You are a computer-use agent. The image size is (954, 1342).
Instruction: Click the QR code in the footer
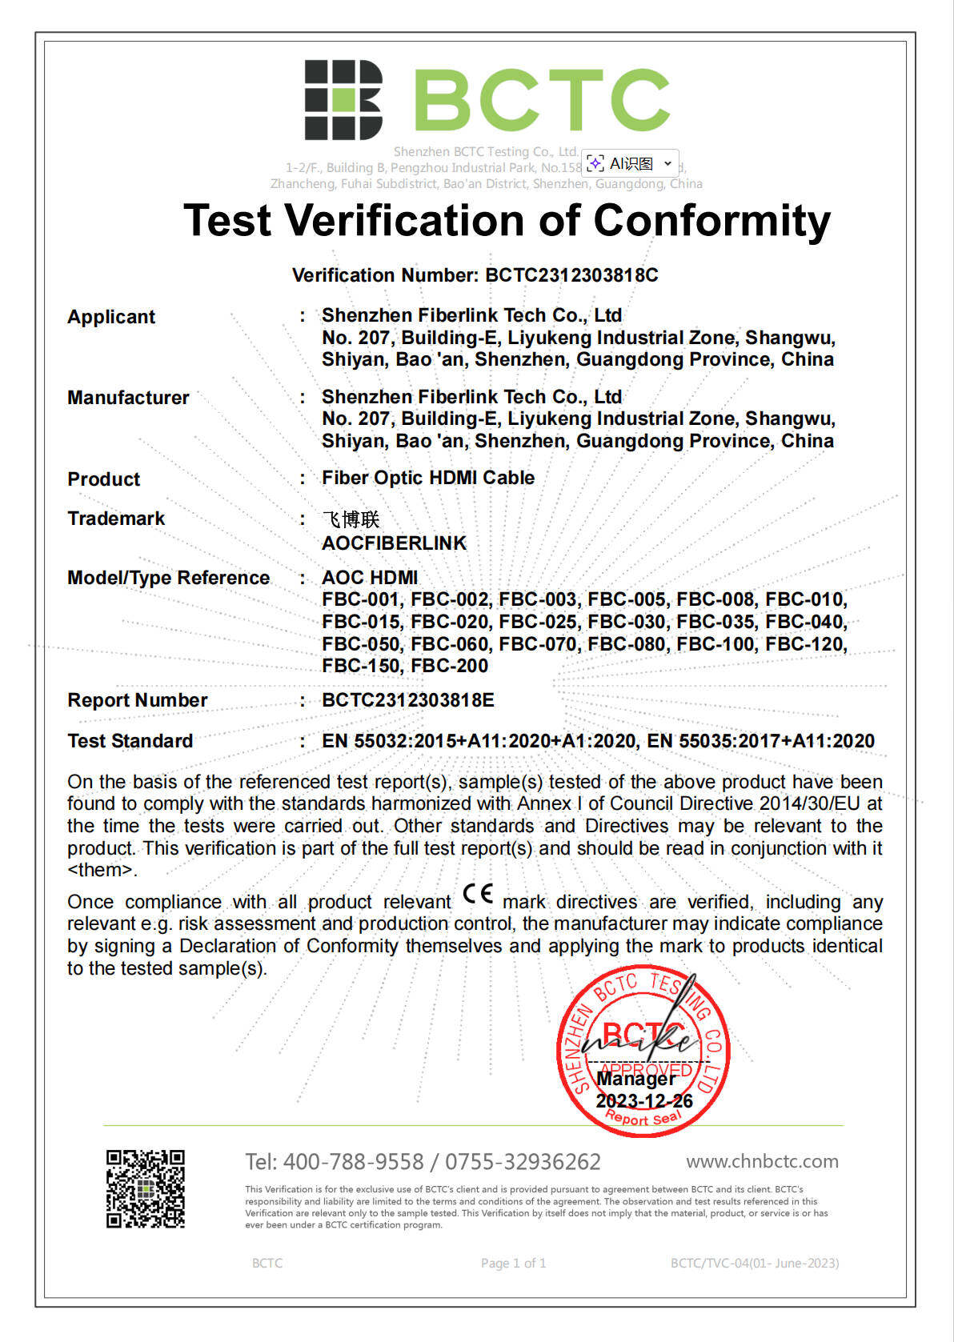point(146,1188)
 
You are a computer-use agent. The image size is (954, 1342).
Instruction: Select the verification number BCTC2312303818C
point(571,275)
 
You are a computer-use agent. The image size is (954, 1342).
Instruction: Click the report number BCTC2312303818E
point(408,700)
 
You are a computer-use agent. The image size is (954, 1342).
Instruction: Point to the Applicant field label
point(111,317)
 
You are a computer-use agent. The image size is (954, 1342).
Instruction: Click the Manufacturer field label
point(128,398)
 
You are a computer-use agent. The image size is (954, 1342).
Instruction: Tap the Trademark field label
point(116,519)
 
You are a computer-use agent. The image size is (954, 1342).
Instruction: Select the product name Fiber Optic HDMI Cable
point(428,478)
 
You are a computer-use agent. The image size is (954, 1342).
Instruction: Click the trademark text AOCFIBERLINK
point(394,543)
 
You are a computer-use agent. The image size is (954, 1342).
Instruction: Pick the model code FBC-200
point(450,666)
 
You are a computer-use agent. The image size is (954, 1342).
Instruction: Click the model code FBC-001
point(365,599)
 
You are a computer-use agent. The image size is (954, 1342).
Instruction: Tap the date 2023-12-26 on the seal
point(644,1101)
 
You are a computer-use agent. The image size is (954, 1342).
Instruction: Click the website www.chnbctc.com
point(762,1161)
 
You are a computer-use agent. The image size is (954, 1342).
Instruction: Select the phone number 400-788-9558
point(354,1162)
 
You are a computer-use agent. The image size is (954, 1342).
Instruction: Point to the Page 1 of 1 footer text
point(513,1263)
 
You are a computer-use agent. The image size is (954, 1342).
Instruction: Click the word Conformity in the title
point(711,220)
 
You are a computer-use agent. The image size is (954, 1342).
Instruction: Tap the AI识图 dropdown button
point(631,163)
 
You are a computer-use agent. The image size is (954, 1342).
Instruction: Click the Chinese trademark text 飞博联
point(351,520)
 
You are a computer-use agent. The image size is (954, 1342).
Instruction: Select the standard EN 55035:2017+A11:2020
point(760,741)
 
